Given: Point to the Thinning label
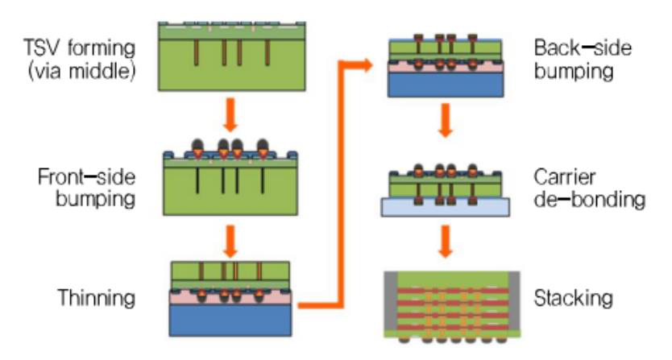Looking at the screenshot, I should click(x=94, y=299).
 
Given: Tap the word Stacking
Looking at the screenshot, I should click(x=572, y=300).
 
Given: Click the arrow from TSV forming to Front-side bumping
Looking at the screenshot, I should click(x=230, y=115).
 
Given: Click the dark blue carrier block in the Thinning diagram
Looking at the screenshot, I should click(x=230, y=321).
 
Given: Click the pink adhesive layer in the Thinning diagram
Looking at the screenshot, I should click(x=230, y=297).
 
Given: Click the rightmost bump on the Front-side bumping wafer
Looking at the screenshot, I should click(x=263, y=149).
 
